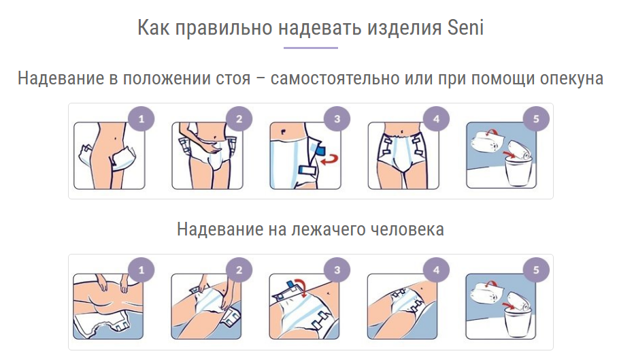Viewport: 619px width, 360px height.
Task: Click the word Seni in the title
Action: tap(465, 28)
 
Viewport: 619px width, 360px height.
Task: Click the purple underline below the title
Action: tap(311, 48)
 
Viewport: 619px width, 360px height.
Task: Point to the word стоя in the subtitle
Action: tap(233, 78)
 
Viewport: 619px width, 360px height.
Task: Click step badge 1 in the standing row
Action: tap(141, 119)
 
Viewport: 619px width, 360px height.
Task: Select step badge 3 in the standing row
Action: tap(337, 119)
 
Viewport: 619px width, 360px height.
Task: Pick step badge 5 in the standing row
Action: tap(536, 119)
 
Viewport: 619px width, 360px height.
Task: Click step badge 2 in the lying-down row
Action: tap(239, 270)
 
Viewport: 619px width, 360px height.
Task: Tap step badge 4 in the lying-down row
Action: tap(436, 270)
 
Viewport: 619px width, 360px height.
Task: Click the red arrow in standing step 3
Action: tap(330, 160)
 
